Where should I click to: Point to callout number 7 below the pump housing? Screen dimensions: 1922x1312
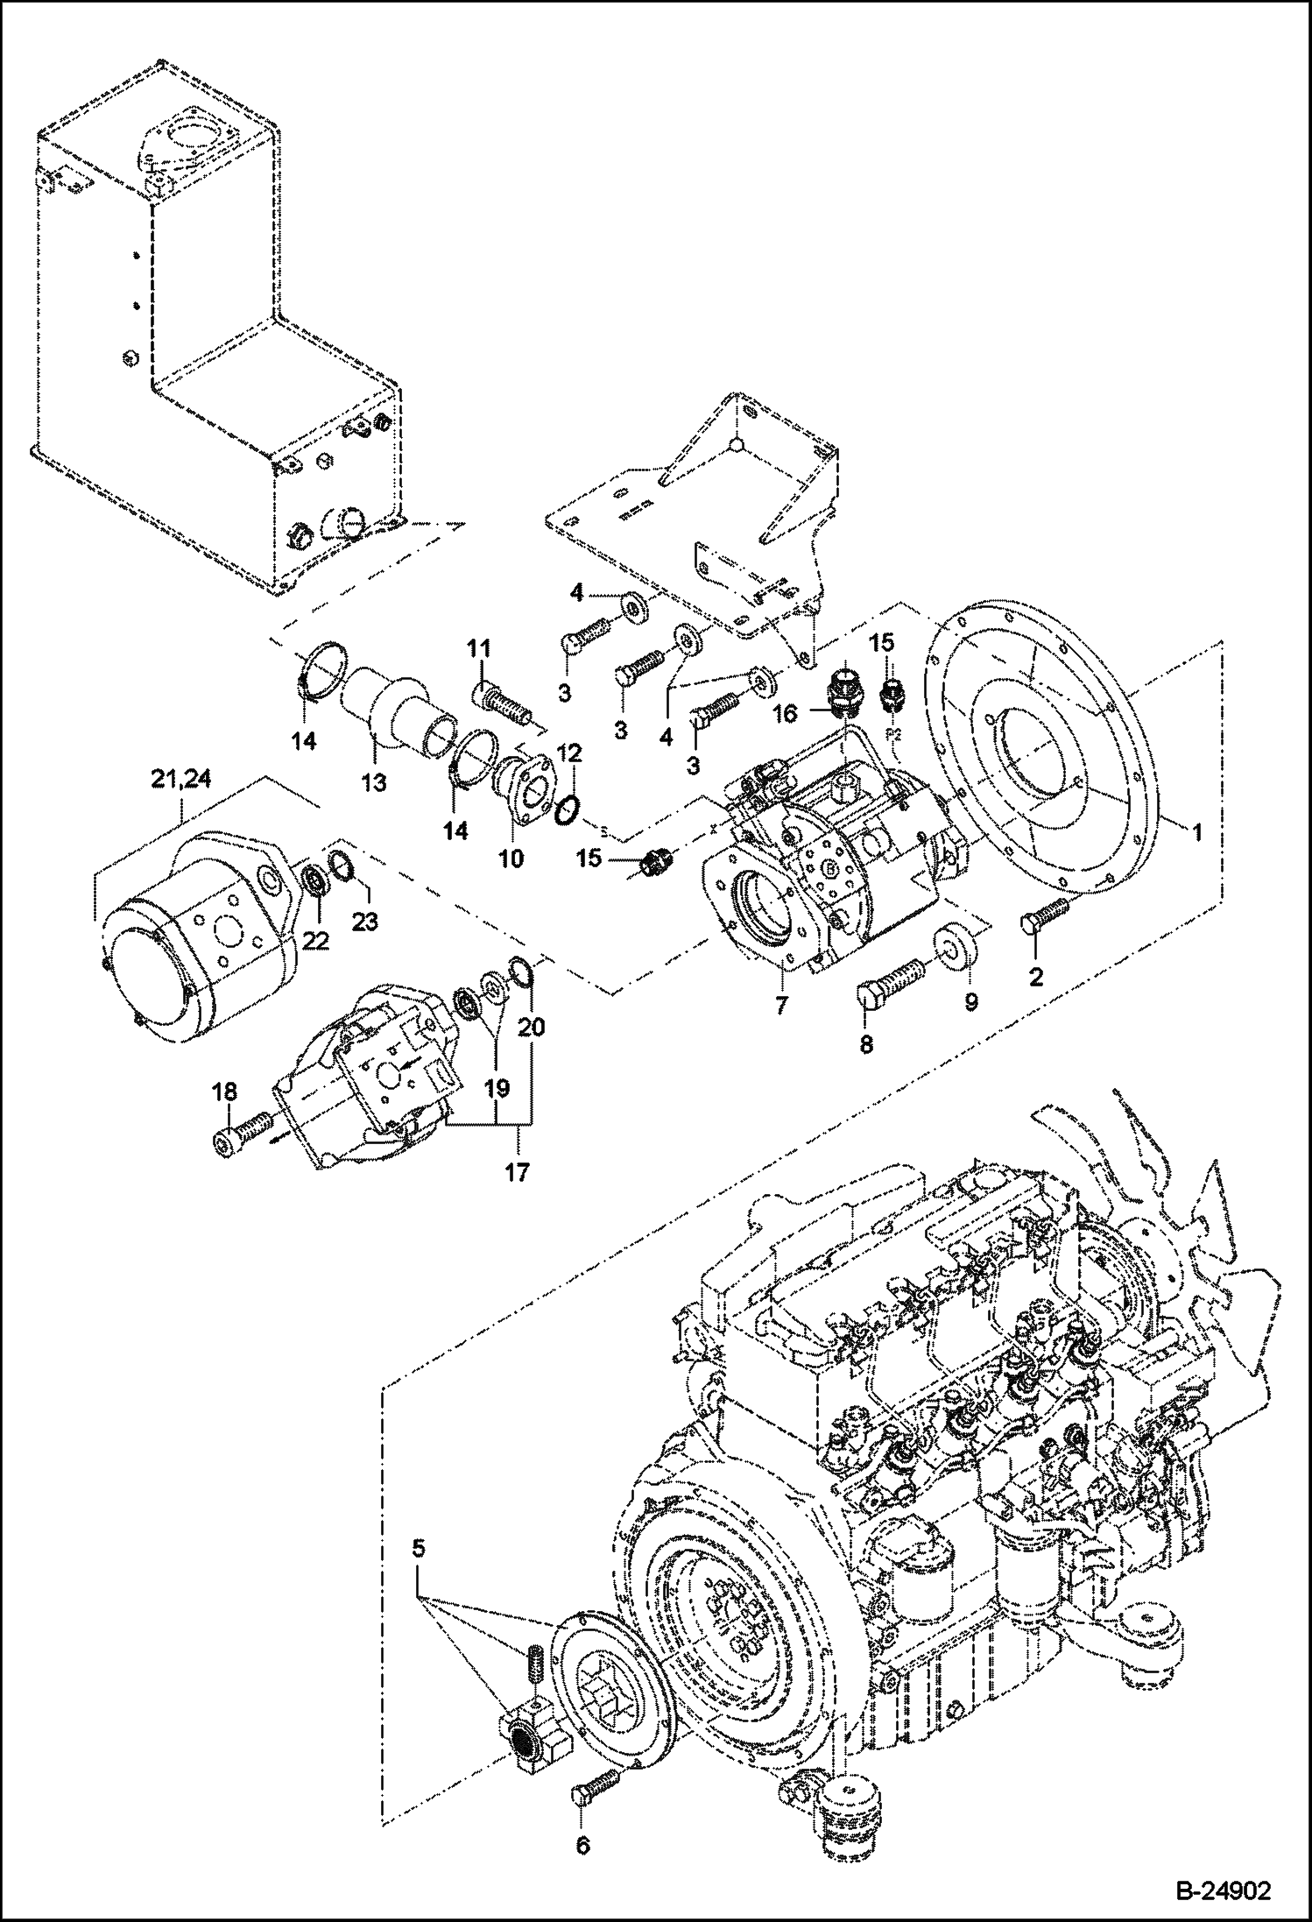pos(781,1005)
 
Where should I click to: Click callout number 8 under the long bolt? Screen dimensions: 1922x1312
pos(866,1044)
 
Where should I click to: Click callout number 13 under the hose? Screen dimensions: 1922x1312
pos(374,782)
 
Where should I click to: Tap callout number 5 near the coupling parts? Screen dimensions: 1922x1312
pos(419,1548)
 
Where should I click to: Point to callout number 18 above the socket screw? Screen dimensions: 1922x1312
pos(225,1091)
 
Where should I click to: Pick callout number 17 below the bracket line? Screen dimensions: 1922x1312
pos(517,1171)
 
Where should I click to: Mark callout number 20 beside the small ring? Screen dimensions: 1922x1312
pos(532,1026)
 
